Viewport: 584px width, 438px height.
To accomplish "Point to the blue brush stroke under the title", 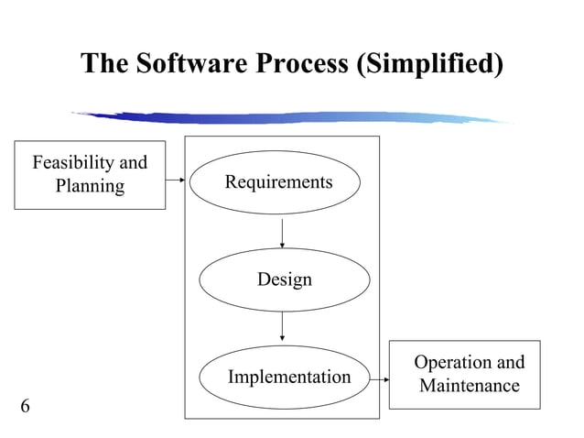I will click(293, 117).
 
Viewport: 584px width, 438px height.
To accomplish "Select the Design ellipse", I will click(284, 279).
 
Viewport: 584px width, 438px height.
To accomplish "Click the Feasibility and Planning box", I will click(90, 175).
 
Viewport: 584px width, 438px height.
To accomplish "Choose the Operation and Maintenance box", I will click(464, 374).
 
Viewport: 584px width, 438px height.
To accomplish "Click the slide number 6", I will click(25, 406).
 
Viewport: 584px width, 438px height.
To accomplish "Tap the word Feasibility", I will click(74, 163).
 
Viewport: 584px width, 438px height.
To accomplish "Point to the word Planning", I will click(90, 187).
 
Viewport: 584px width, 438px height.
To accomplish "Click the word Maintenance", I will click(469, 386).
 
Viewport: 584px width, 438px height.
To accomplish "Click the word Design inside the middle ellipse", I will click(284, 279).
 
